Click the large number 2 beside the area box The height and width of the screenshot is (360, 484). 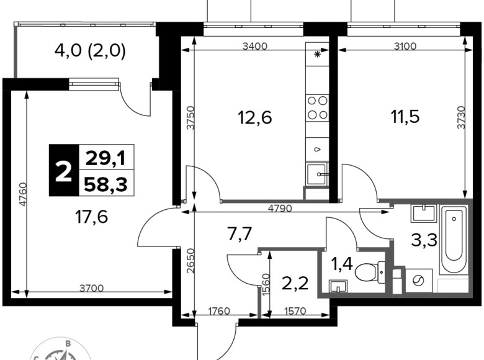coord(63,172)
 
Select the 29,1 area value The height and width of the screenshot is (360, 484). coord(105,159)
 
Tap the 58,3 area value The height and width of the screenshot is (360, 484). coord(105,185)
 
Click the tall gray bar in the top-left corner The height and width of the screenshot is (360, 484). coord(15,52)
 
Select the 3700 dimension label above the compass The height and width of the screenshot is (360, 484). coord(91,288)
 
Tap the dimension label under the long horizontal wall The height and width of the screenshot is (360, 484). coord(280,209)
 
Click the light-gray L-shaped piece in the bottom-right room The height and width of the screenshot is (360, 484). coord(452,284)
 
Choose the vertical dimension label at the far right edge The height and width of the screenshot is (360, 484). coord(461,118)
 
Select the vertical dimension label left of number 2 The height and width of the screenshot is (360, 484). coord(20,193)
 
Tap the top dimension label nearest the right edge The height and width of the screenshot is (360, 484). coord(405,45)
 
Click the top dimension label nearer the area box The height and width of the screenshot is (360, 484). coord(254,45)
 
